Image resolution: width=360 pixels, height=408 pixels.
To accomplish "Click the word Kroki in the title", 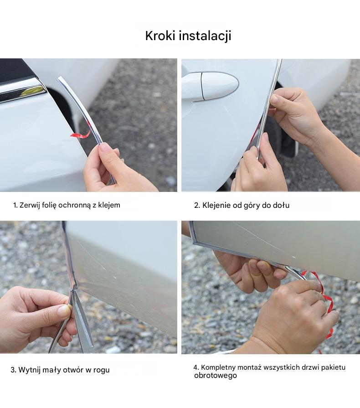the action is [x=160, y=36].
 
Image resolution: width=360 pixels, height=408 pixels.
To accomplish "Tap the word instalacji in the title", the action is [x=205, y=36].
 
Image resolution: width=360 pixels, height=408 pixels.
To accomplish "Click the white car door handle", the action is [x=210, y=86].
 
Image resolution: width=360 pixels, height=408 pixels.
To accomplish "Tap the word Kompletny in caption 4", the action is [x=218, y=368].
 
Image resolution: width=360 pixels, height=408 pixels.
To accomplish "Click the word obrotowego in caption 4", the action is [x=216, y=376].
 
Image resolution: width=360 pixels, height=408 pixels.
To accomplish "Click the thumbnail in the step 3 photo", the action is [x=64, y=310].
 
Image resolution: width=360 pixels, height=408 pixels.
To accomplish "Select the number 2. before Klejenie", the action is [x=197, y=206].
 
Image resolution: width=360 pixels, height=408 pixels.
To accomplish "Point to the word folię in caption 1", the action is [x=49, y=205].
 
